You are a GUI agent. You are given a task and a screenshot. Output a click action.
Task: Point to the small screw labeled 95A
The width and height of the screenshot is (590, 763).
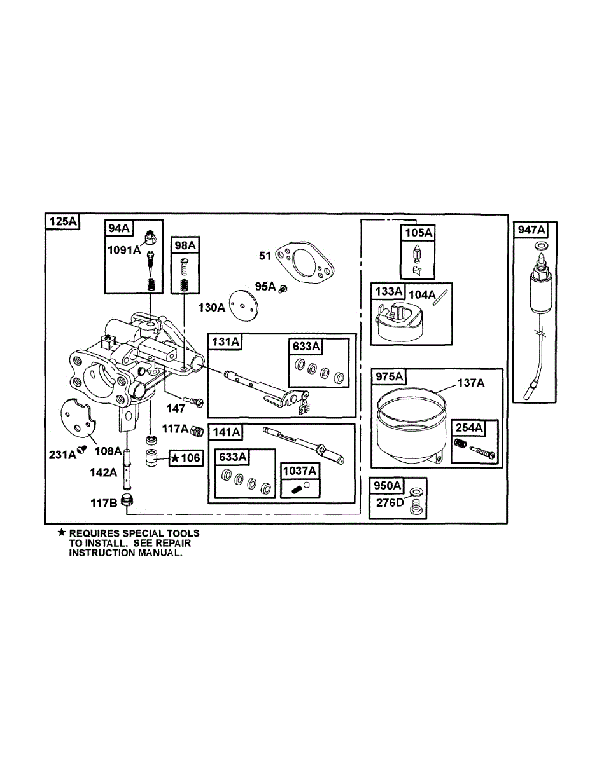click(283, 289)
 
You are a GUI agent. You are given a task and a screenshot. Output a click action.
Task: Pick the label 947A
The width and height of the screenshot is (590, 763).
click(531, 230)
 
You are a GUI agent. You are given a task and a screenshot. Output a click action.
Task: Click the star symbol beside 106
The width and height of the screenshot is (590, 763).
click(175, 458)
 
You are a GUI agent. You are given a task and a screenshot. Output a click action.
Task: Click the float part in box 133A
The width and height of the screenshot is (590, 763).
click(397, 322)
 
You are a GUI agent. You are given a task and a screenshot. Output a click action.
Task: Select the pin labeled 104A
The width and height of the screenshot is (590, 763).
click(439, 298)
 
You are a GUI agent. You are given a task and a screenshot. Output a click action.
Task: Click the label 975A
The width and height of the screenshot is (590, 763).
click(389, 377)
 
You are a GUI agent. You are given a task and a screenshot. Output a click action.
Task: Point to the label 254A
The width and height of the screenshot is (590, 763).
click(469, 428)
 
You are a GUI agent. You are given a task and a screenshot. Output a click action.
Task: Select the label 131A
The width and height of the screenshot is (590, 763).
click(226, 342)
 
